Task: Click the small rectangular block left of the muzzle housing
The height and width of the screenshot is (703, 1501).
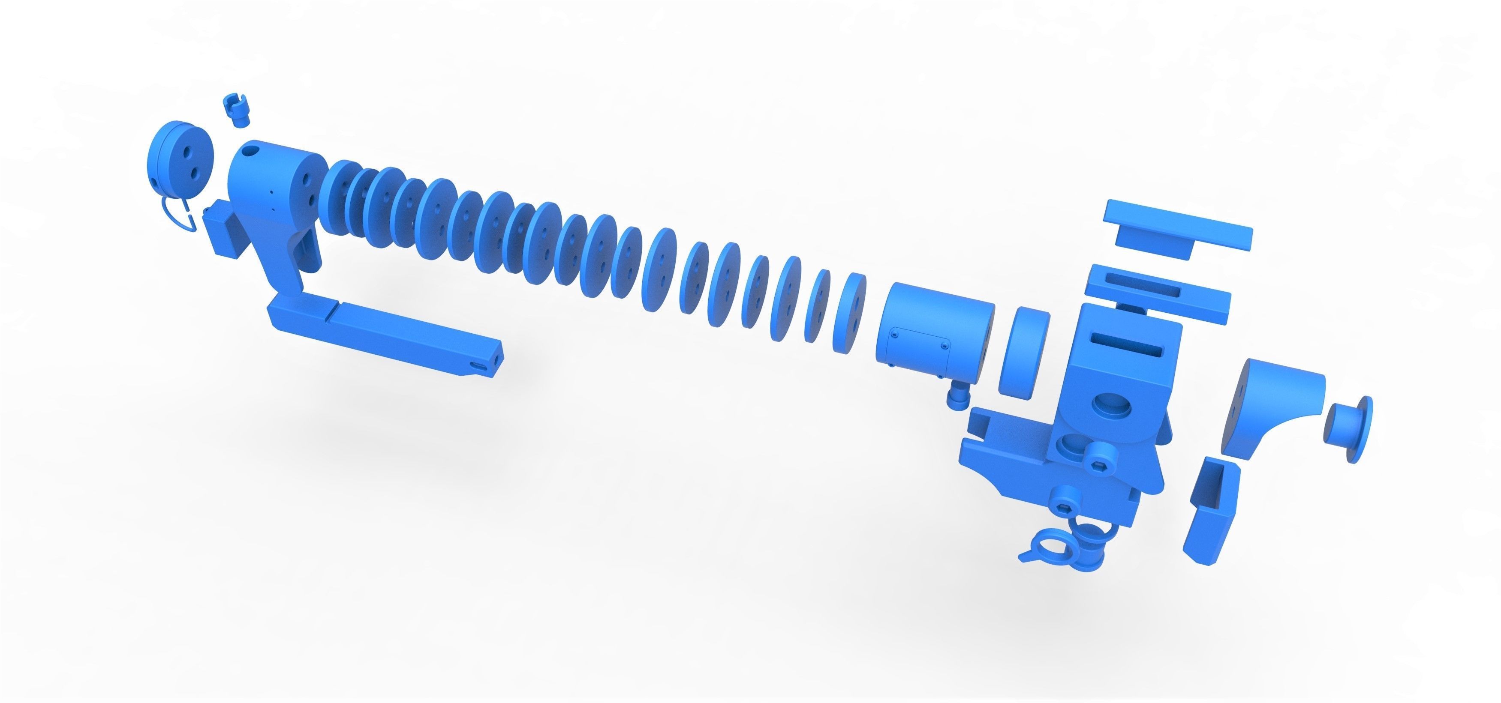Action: click(223, 230)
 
